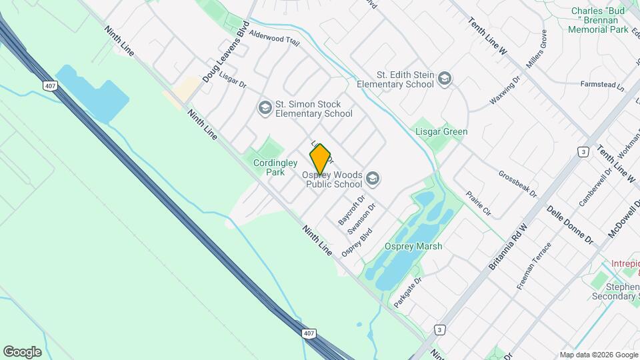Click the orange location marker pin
click(320, 159)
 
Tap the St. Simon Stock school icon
click(265, 107)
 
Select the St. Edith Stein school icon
click(445, 80)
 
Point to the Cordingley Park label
click(269, 167)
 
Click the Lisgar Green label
click(441, 131)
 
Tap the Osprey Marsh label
click(413, 246)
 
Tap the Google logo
click(22, 352)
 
